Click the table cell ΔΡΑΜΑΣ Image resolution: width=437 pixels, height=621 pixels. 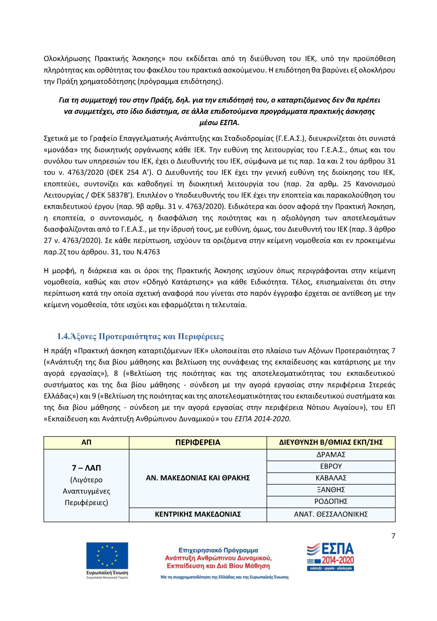pos(331,455)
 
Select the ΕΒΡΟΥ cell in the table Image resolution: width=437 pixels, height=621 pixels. pos(331,466)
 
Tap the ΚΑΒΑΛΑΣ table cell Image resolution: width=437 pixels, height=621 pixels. pos(331,478)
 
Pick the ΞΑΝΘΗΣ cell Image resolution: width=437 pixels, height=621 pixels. pos(331,490)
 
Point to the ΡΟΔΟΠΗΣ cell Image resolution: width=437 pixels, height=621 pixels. pos(331,501)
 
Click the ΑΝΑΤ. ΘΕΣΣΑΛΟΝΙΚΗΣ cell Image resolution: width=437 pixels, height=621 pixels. pos(331,514)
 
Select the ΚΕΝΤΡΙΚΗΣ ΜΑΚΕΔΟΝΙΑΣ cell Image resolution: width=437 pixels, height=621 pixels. pos(198,514)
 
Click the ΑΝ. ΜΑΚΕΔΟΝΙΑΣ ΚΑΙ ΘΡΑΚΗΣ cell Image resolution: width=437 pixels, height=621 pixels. pos(198,478)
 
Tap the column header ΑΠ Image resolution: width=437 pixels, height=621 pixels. pos(86,442)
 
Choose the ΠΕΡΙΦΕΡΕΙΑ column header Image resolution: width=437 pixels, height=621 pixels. pos(198,442)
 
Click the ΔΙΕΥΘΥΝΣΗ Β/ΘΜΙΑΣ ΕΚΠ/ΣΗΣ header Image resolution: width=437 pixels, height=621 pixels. pos(331,442)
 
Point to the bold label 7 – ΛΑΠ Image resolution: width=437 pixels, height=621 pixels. pos(86,468)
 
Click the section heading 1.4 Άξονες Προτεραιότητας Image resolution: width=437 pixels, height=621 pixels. pos(140,337)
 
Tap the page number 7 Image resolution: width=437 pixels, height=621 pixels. pos(393,536)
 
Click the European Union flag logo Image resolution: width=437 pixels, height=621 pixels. pos(107,555)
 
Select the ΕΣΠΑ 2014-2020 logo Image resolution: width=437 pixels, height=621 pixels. pos(331,557)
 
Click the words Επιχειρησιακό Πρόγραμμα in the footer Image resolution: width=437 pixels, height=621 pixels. pos(218,550)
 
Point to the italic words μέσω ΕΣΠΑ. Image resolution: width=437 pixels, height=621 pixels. pos(219,123)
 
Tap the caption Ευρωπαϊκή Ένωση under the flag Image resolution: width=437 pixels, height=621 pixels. pos(107,573)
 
